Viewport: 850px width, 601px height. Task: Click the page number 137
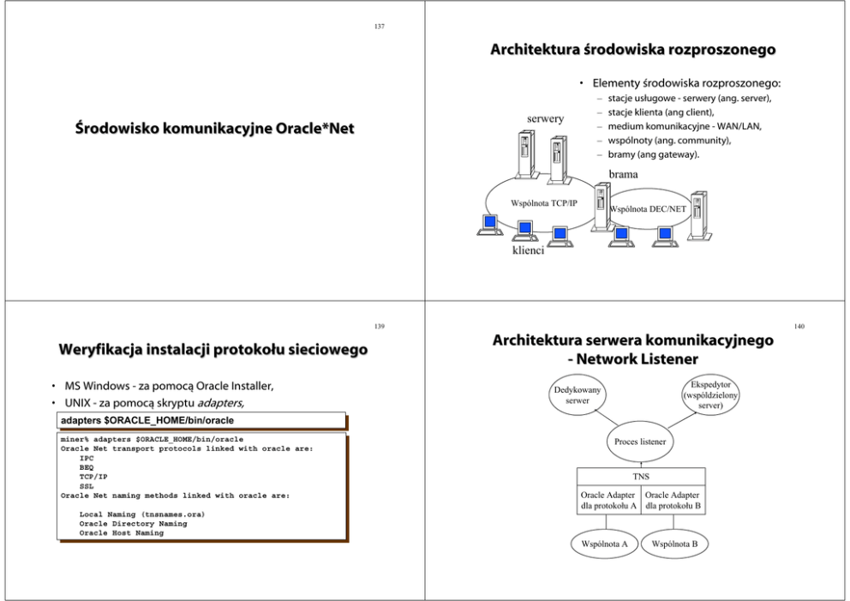pos(380,27)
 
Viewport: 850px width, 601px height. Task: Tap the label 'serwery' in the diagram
pos(544,118)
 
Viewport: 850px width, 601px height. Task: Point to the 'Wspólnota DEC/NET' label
pos(644,209)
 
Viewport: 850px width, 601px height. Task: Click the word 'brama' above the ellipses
pos(623,174)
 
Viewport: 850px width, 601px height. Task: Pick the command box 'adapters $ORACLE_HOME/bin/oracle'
pos(201,420)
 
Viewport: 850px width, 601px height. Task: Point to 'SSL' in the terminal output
pos(86,485)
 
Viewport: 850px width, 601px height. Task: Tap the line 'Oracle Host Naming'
pos(121,533)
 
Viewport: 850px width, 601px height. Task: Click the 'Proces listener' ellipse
pos(641,442)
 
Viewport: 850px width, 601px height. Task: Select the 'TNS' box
pos(641,477)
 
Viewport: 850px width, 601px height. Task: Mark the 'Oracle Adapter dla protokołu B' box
pos(673,501)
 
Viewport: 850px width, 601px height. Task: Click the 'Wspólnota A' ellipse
pos(604,544)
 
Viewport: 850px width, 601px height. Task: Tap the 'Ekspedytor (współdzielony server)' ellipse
pos(709,395)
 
